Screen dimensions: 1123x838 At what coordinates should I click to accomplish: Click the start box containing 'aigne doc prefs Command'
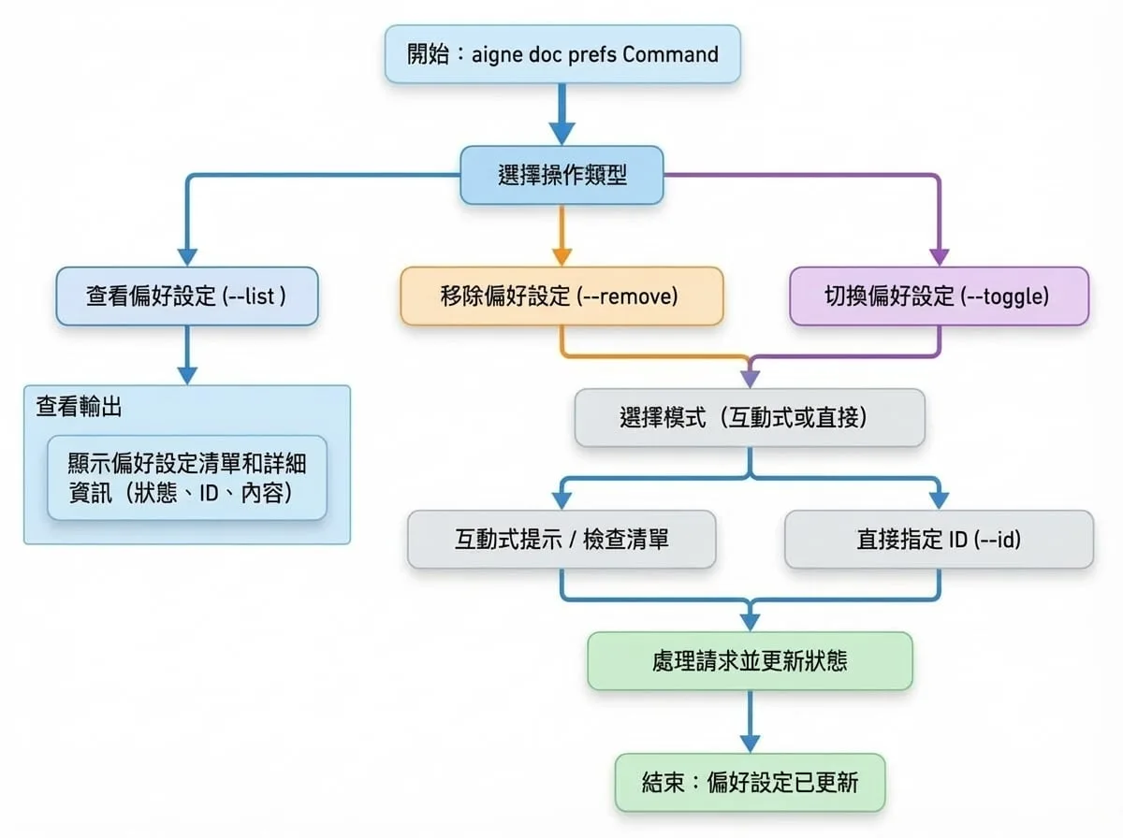click(x=562, y=54)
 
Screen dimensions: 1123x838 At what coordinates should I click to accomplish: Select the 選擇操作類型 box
click(x=561, y=175)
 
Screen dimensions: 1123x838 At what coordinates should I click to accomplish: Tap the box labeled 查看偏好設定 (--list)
click(x=187, y=296)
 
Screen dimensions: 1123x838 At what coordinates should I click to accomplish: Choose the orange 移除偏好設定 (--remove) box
click(x=561, y=296)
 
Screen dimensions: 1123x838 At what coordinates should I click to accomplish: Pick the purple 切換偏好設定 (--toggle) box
click(x=939, y=296)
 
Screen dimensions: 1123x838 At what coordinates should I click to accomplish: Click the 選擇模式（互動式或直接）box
click(x=750, y=417)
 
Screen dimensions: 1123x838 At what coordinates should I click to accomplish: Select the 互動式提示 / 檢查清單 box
click(x=561, y=539)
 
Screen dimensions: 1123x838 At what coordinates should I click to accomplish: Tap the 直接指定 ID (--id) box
click(x=939, y=539)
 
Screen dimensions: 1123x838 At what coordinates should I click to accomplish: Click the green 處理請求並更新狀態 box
click(x=750, y=660)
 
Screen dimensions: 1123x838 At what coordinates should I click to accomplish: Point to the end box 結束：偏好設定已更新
click(x=750, y=782)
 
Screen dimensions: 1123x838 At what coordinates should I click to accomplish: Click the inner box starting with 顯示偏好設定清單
click(x=187, y=478)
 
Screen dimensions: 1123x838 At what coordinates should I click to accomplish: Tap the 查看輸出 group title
click(x=79, y=407)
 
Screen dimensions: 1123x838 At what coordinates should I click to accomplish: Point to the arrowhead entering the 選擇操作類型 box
click(x=561, y=134)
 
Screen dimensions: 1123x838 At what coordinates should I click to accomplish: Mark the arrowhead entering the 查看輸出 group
click(x=187, y=376)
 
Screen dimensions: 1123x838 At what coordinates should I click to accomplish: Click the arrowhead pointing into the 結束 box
click(x=750, y=744)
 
